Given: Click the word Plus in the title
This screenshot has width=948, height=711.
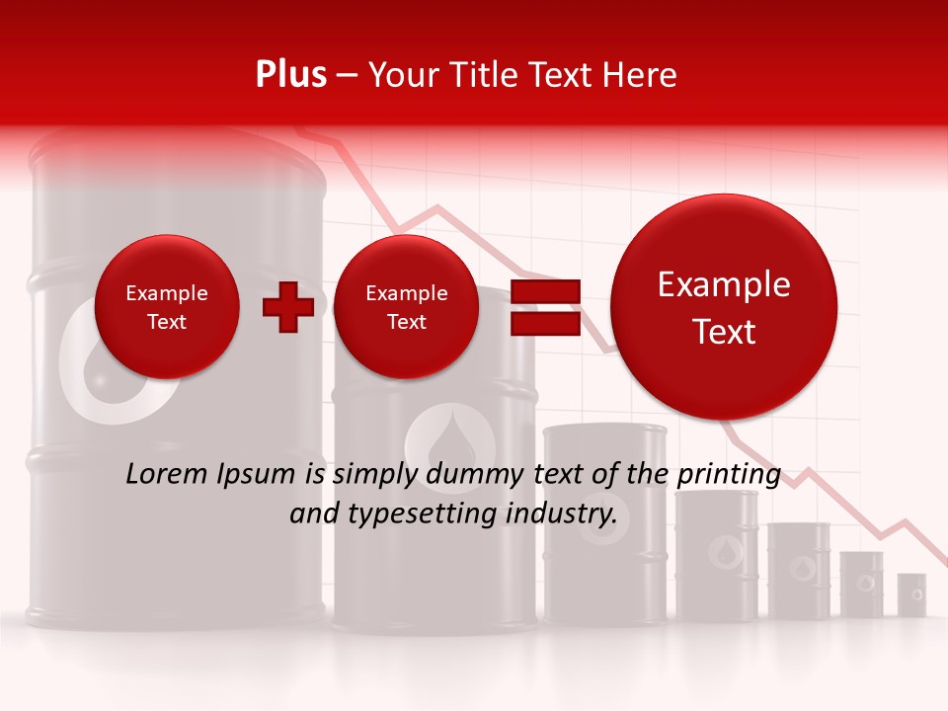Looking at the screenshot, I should coord(290,75).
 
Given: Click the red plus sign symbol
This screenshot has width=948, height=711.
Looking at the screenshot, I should coord(288,306).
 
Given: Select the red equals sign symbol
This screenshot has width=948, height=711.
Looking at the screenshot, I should coord(544,306).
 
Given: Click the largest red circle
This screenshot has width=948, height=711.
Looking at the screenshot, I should coord(724,307).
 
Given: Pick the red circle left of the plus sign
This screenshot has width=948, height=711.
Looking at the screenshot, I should coord(167,307).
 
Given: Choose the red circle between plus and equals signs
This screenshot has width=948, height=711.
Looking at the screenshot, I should coord(407,307).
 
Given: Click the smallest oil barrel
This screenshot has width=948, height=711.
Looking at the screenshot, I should coord(911,594).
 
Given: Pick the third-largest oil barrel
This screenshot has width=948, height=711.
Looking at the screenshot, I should coord(605,523).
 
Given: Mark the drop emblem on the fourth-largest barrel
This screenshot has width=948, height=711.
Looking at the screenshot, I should coord(723,548).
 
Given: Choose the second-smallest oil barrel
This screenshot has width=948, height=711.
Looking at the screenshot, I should coord(862,584).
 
